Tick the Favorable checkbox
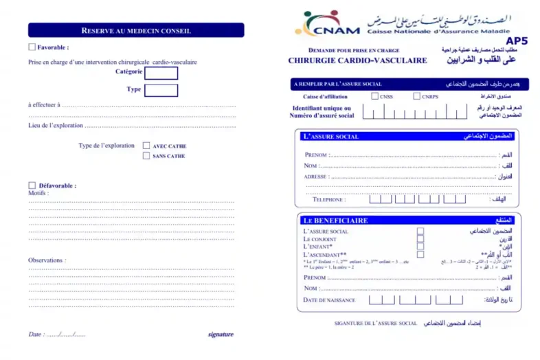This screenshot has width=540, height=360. click(32, 47)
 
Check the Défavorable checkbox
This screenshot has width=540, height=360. click(32, 185)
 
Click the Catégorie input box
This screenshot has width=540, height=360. click(161, 73)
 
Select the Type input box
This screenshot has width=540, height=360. click(161, 90)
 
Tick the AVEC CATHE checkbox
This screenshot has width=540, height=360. click(146, 146)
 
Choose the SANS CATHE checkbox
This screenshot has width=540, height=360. click(146, 156)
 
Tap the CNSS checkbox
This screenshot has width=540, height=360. click(374, 96)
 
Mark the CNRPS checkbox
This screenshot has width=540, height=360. click(416, 96)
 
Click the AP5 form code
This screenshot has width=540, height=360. click(525, 41)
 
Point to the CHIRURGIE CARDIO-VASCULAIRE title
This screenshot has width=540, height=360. click(357, 60)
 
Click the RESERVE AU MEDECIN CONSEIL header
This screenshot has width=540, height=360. click(135, 30)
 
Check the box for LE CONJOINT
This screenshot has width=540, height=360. click(420, 239)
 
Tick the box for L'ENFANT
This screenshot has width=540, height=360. click(420, 247)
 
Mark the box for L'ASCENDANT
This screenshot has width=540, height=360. click(420, 254)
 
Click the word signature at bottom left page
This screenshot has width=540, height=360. click(221, 335)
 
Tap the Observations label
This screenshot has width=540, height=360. click(47, 260)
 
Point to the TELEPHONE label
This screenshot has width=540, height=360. click(329, 200)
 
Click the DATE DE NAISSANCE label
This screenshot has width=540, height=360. click(329, 300)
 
